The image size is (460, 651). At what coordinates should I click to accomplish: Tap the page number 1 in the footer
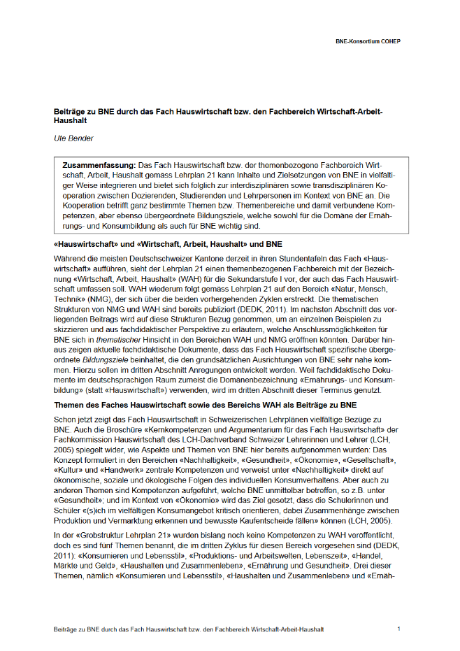(398, 629)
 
